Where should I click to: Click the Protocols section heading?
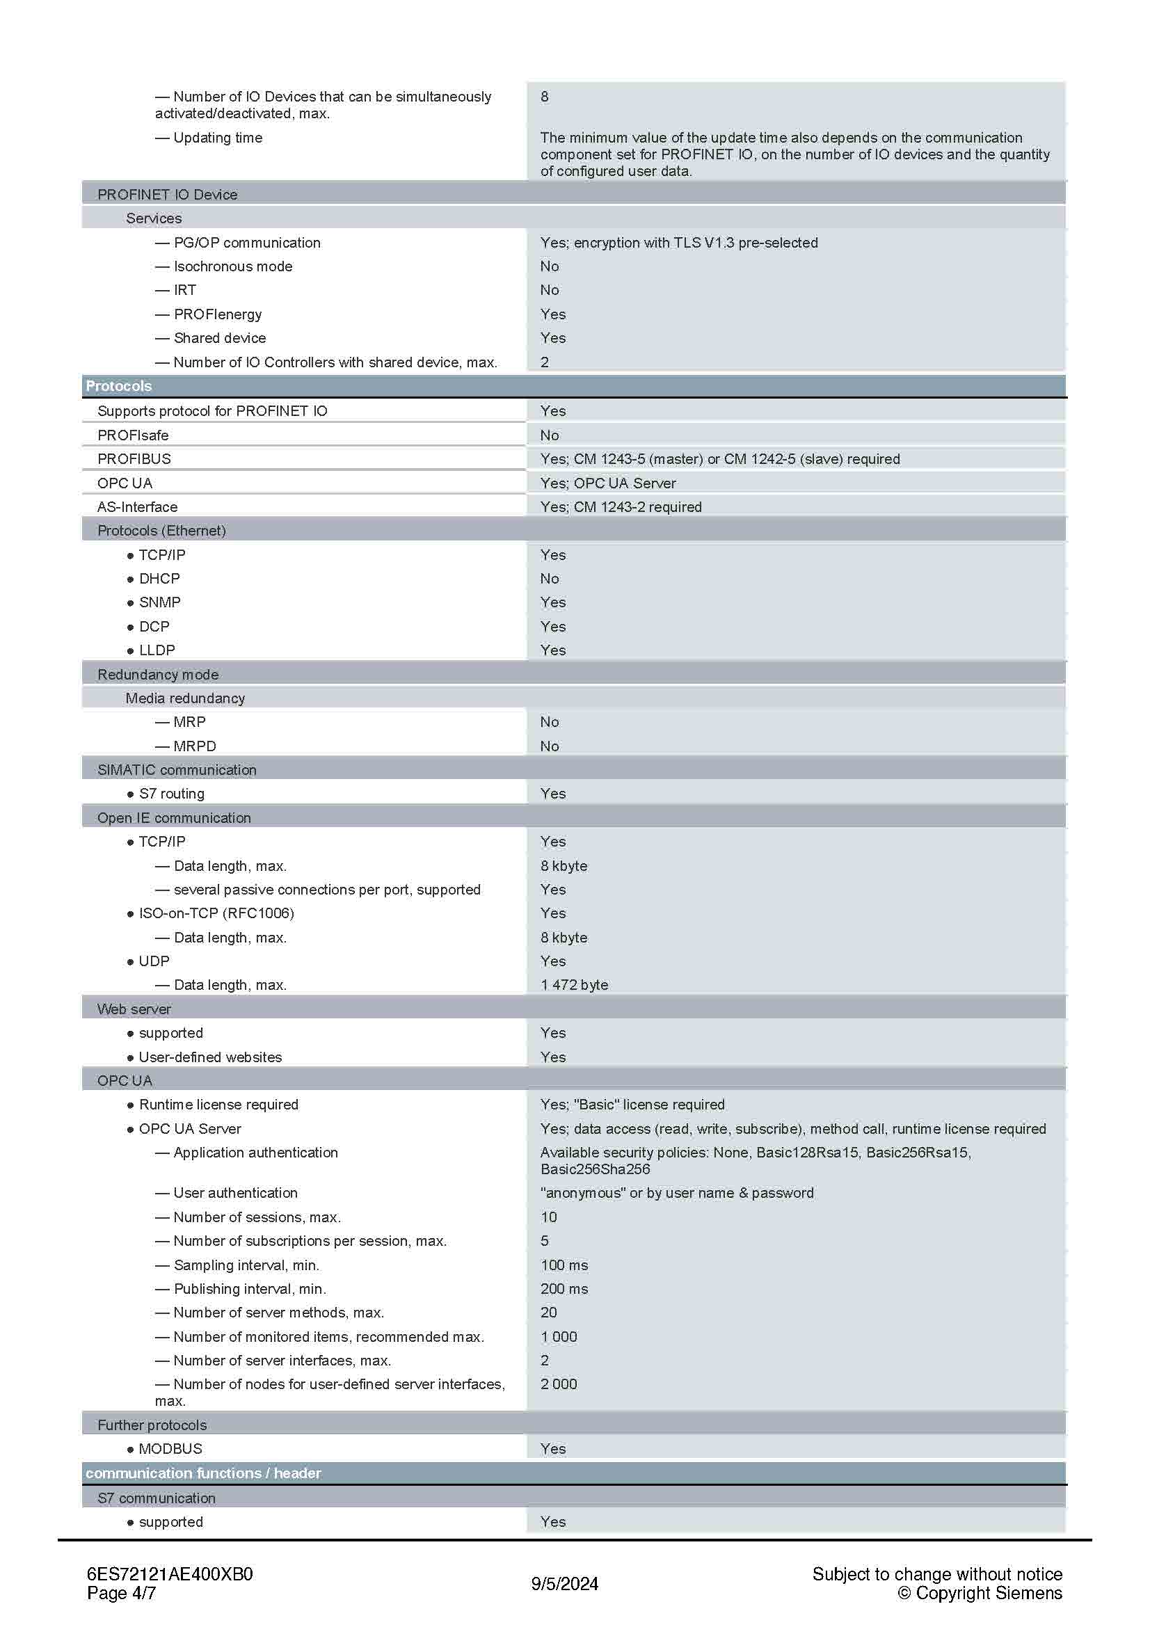coord(118,386)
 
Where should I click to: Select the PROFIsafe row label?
coord(132,435)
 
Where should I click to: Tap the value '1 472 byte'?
coord(574,984)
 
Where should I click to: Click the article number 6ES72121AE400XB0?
coord(169,1574)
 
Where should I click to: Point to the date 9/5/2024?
coord(565,1584)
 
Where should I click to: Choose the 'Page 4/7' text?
coord(121,1593)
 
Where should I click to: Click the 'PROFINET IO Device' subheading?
coord(167,194)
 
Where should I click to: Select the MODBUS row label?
coord(170,1448)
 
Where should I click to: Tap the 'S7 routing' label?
coord(171,794)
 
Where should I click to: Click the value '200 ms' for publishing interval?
coord(564,1288)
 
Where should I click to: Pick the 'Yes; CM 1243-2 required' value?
coord(621,506)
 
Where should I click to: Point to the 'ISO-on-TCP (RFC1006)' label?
coord(216,913)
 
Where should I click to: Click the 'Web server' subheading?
coord(134,1009)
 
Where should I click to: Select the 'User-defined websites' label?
coord(210,1057)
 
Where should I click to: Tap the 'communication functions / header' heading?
coord(203,1473)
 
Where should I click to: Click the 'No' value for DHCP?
coord(549,578)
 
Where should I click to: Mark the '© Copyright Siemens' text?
coord(980,1593)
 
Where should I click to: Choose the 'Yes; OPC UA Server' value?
coord(608,483)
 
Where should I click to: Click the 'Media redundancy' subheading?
coord(185,698)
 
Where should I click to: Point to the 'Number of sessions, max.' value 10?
coord(548,1217)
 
